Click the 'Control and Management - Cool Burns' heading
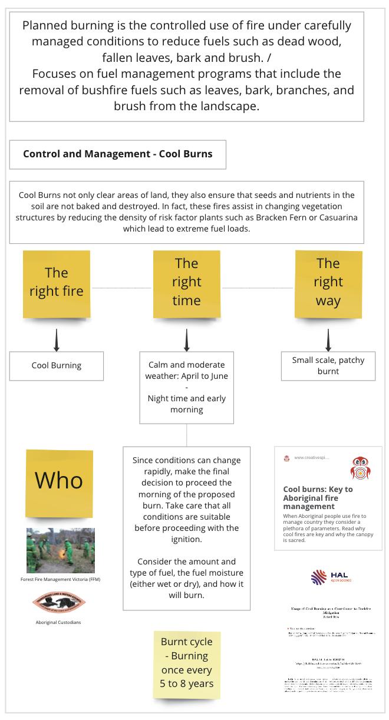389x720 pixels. click(117, 154)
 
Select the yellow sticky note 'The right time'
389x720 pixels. click(186, 282)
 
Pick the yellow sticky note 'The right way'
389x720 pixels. click(328, 282)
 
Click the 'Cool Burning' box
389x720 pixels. click(57, 366)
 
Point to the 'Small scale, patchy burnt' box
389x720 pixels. click(328, 366)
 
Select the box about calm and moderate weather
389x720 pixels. click(186, 387)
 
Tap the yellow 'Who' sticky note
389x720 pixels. click(59, 481)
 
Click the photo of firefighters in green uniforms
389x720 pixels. click(61, 550)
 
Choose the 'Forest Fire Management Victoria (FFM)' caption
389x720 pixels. click(61, 580)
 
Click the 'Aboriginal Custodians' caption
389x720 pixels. click(58, 622)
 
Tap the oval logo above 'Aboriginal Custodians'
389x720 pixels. click(59, 602)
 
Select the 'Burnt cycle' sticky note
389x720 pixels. click(187, 663)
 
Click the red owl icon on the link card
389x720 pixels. click(360, 468)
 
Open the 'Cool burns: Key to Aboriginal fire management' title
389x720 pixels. click(318, 497)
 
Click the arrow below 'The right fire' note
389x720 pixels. click(57, 340)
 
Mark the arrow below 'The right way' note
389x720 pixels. click(328, 340)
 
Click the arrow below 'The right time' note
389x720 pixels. click(186, 340)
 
